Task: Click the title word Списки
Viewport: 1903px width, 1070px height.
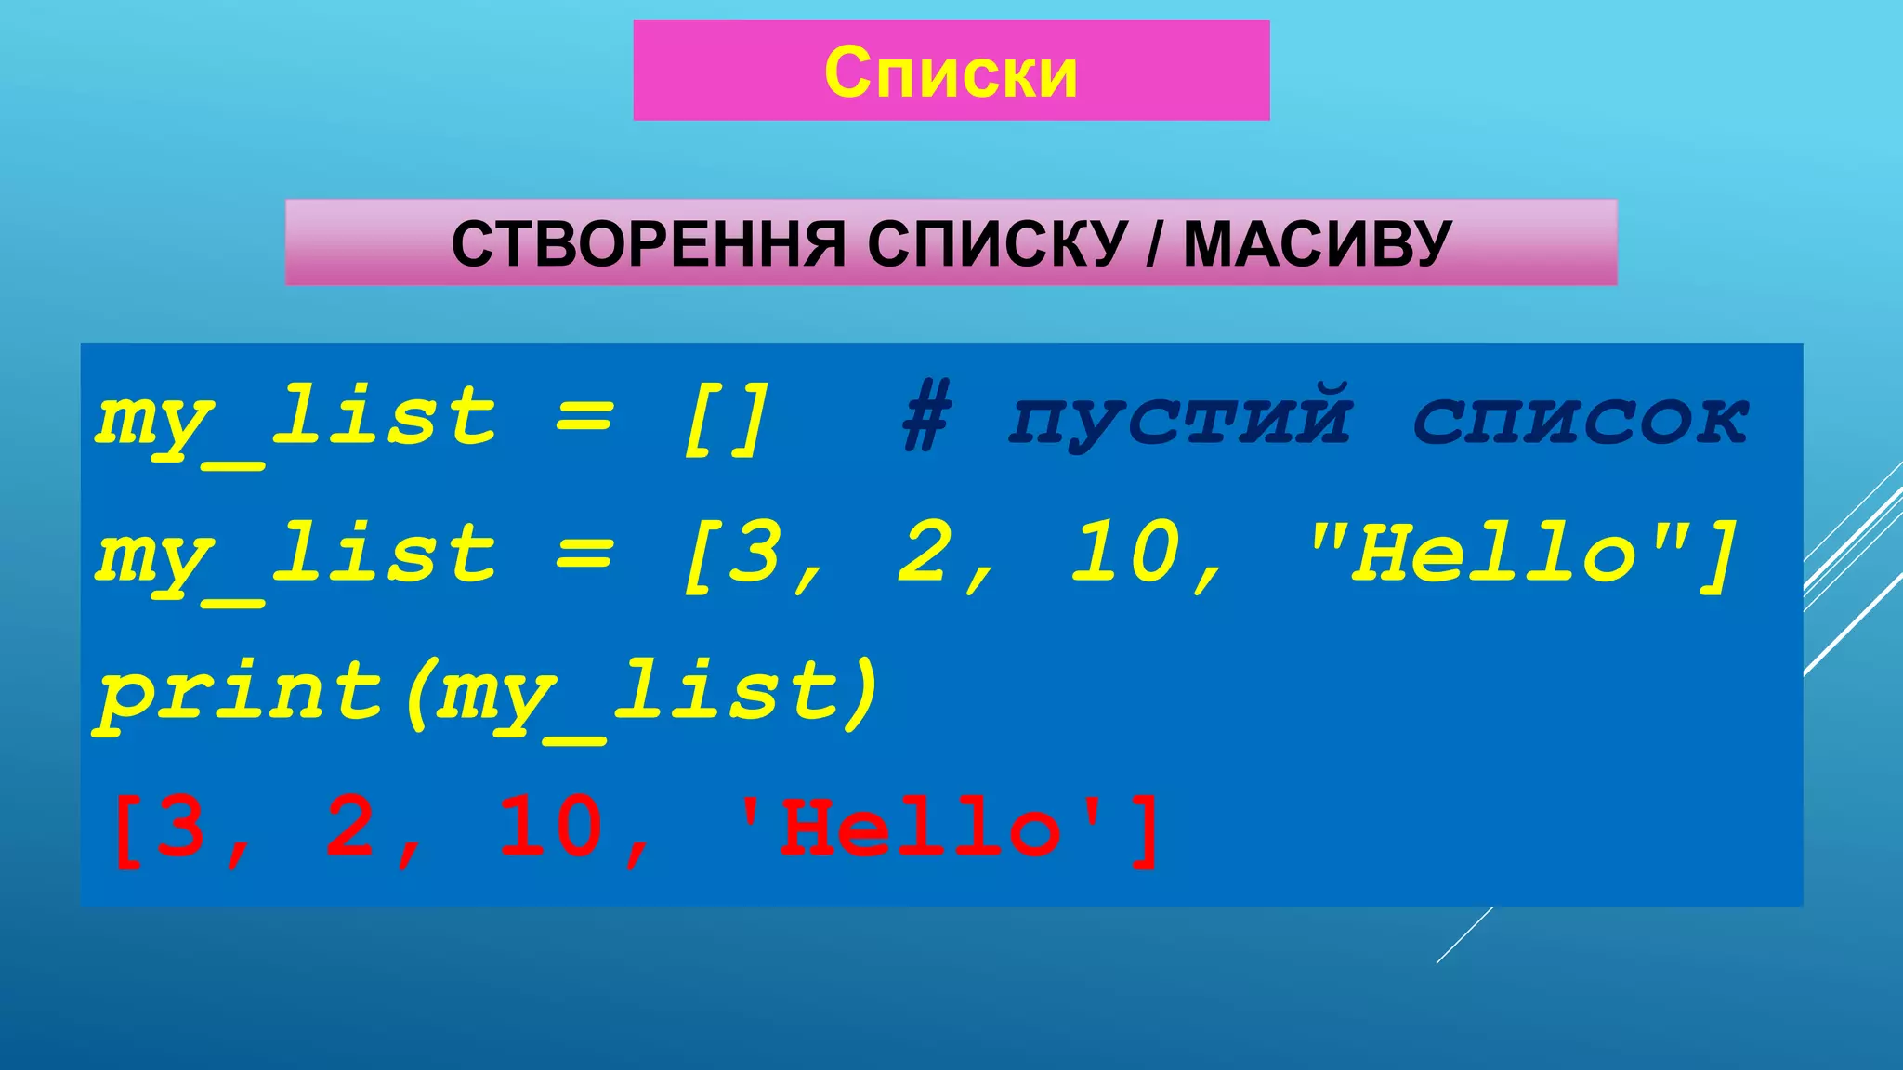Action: tap(951, 72)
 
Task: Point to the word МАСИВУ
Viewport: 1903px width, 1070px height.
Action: tap(1317, 244)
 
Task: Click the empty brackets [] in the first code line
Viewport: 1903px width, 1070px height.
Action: tap(726, 420)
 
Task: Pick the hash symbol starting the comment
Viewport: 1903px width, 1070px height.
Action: tap(926, 420)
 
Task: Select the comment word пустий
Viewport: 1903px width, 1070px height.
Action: tap(1181, 420)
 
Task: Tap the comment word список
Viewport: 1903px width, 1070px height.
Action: tap(1581, 420)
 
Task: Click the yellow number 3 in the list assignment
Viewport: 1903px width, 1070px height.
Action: tap(754, 555)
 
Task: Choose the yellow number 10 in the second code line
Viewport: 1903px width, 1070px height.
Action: tap(1125, 555)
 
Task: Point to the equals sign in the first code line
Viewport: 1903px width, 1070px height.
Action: tap(584, 420)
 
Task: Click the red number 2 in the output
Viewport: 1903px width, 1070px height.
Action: tap(350, 827)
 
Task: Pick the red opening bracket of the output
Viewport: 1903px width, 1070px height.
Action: tap(126, 829)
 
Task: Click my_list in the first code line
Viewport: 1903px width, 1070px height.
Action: tap(296, 420)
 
